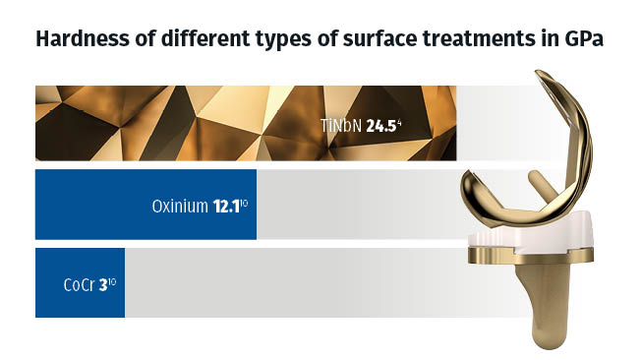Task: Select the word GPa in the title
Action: coord(583,42)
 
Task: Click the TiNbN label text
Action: coord(340,126)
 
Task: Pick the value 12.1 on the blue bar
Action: coord(228,207)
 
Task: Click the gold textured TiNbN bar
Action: coord(197,123)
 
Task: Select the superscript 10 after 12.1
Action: coord(248,202)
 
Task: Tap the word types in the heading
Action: coord(268,43)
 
